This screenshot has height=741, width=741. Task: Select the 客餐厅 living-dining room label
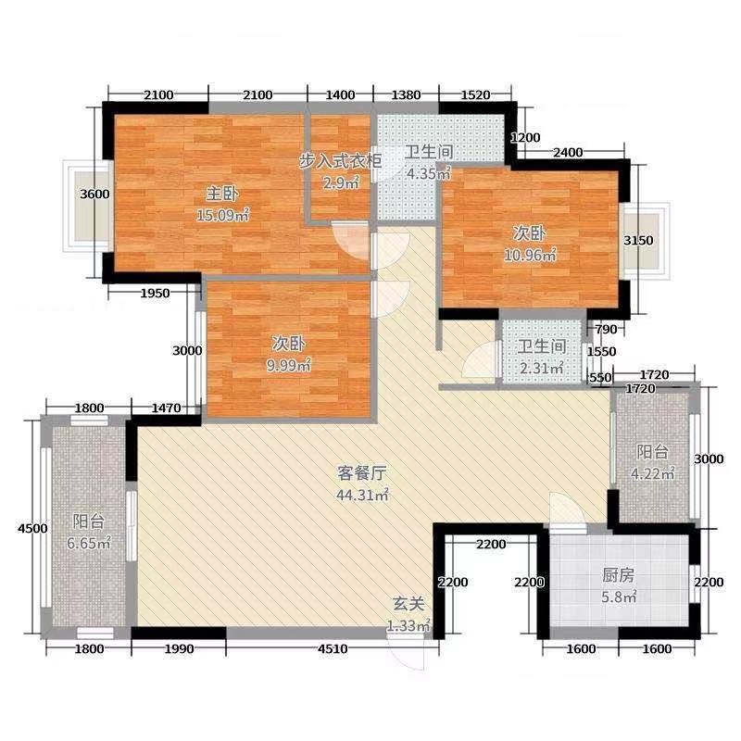point(356,471)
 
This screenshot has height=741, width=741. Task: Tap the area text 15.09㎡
point(223,216)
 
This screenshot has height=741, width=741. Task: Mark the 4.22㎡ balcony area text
point(653,474)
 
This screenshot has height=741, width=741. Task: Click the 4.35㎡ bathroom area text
point(428,173)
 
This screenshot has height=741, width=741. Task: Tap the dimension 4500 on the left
point(32,528)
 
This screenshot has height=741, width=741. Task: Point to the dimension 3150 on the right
point(639,241)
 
